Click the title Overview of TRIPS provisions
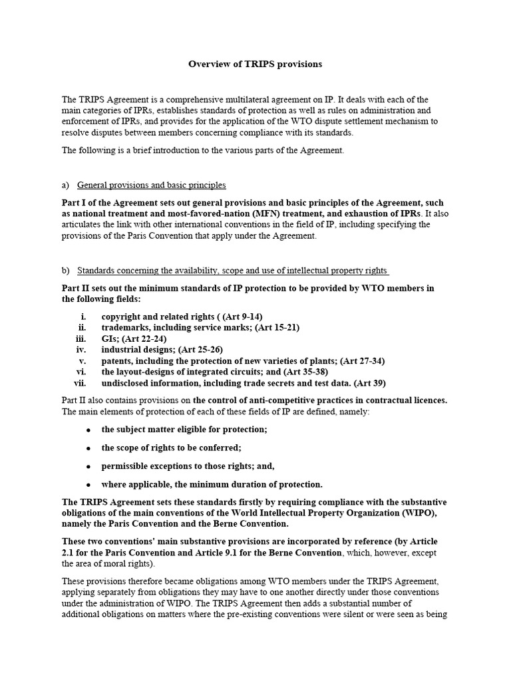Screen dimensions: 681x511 pos(255,65)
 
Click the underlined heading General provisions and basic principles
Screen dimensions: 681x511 pos(152,185)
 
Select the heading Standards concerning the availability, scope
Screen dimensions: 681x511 pos(233,271)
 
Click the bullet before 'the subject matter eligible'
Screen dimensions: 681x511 pos(88,430)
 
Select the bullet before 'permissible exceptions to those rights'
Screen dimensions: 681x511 pos(88,466)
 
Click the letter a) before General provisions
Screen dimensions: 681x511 pos(66,185)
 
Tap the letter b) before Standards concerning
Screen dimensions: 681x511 pos(66,271)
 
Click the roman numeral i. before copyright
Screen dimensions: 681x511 pos(83,316)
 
